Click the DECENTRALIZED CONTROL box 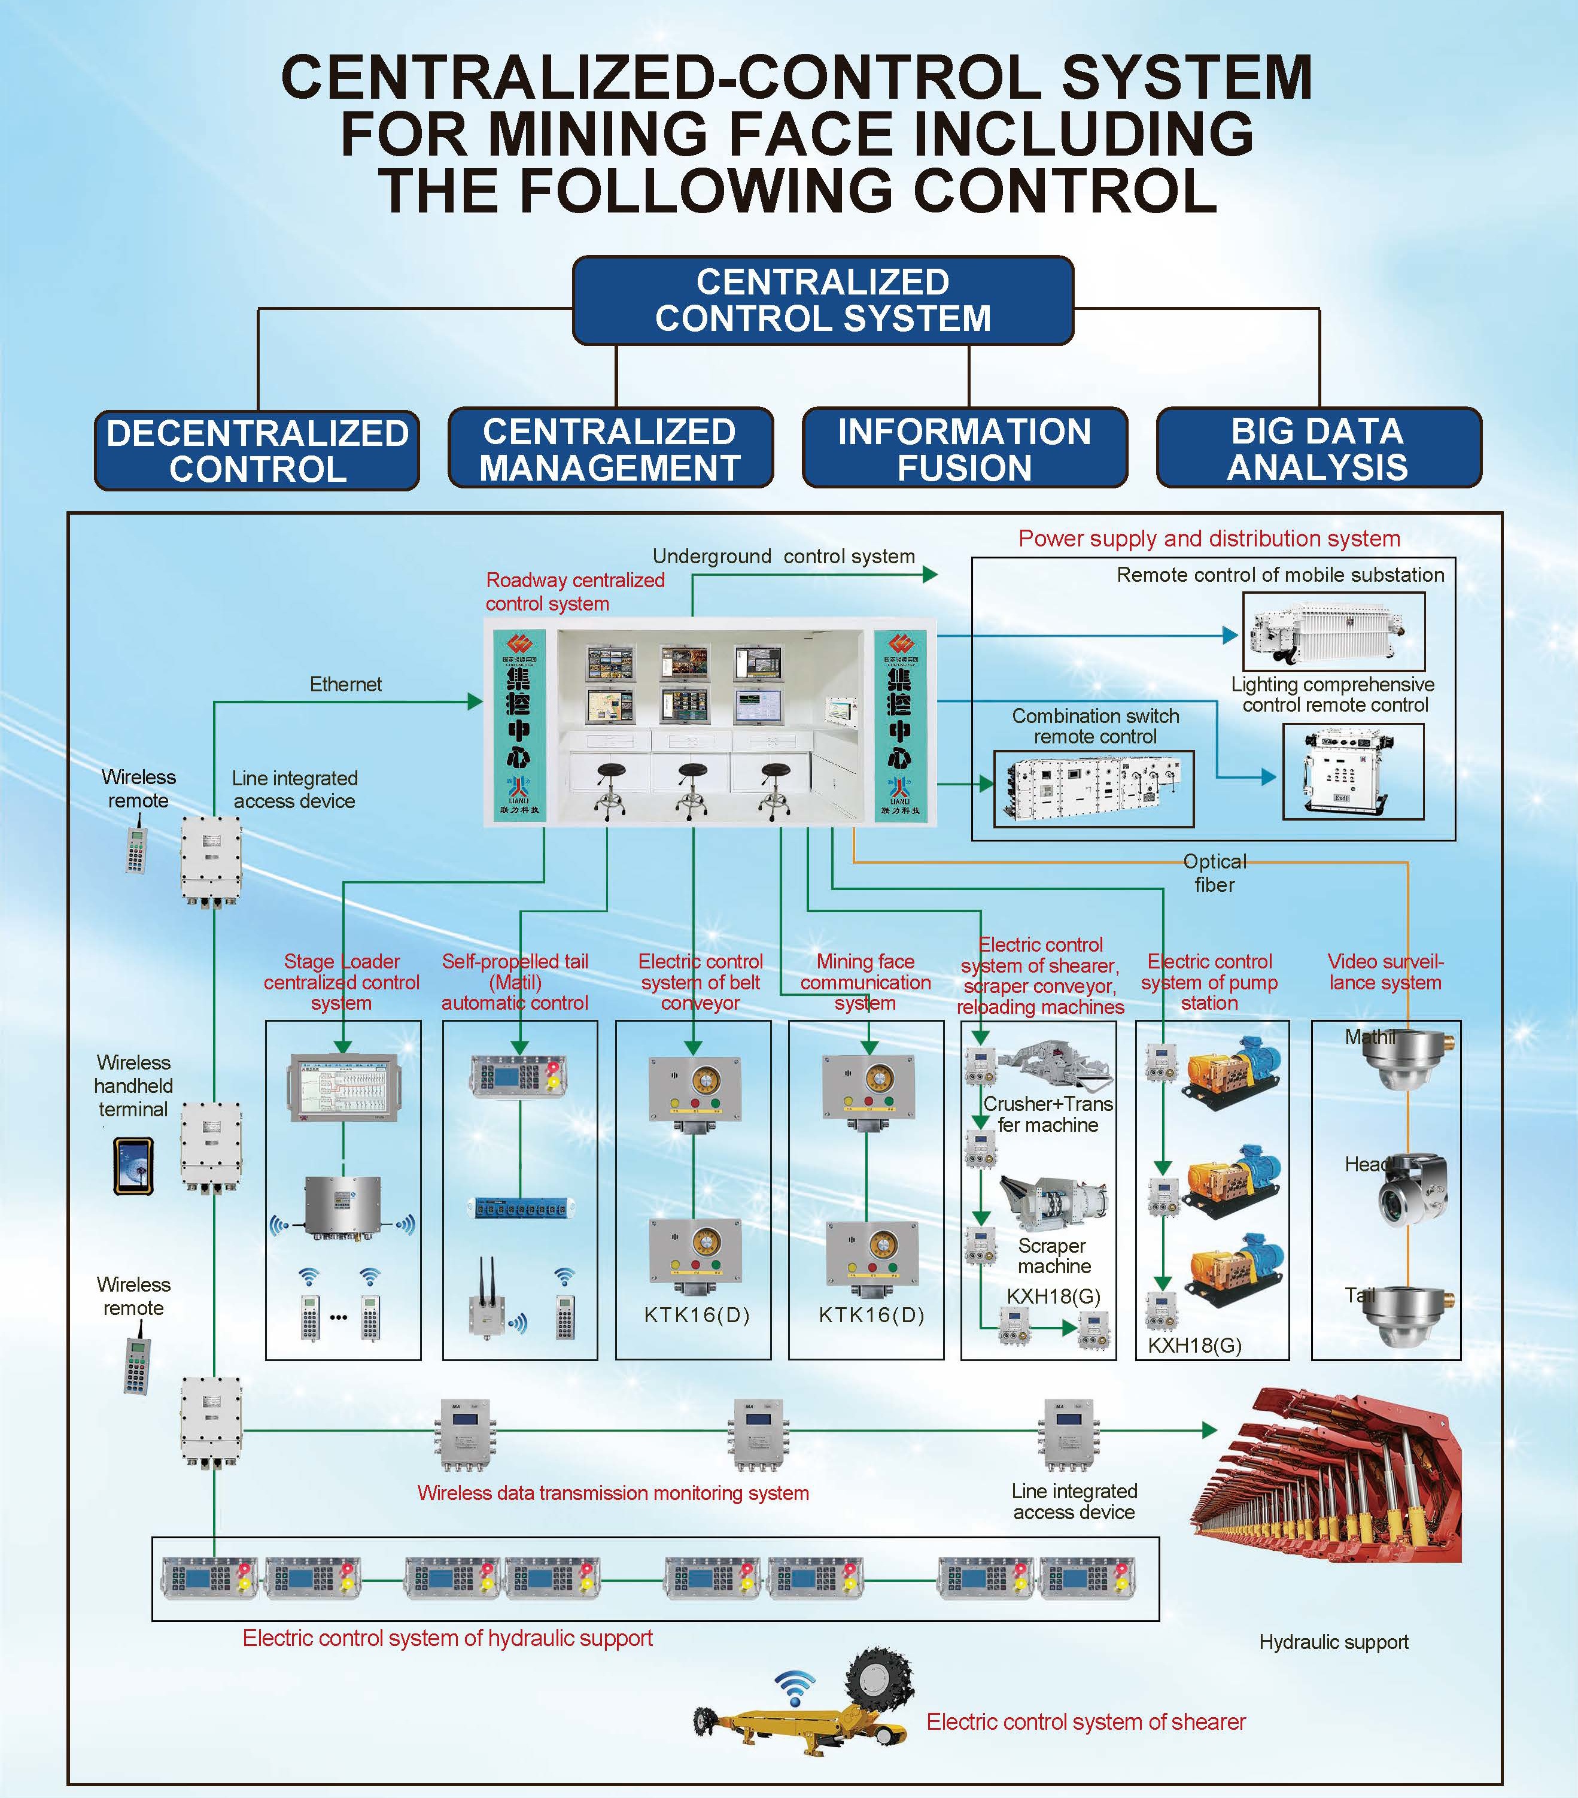(257, 450)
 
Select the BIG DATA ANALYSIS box (1318, 449)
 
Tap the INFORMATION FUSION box (964, 449)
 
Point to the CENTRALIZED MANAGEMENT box (610, 449)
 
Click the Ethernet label (346, 684)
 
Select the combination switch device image (1093, 788)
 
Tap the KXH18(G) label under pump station (1194, 1345)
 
